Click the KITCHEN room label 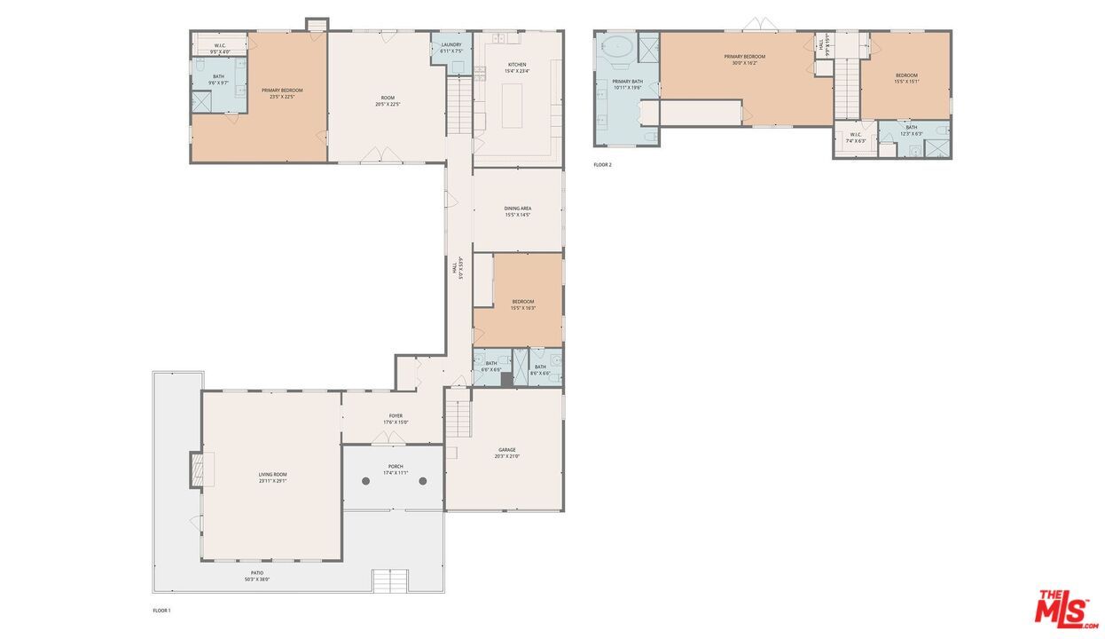click(x=517, y=67)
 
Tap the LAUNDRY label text click(x=451, y=48)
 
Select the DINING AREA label click(x=518, y=211)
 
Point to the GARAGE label click(x=506, y=453)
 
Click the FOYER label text click(x=395, y=418)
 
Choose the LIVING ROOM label click(x=272, y=477)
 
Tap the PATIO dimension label click(x=256, y=576)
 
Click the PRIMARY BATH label click(x=627, y=84)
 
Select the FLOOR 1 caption click(x=161, y=611)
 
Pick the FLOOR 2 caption click(x=602, y=164)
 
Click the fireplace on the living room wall click(x=196, y=469)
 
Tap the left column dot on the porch click(x=365, y=481)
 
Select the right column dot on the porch click(x=423, y=481)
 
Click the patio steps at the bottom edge click(x=390, y=581)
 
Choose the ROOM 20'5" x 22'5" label click(x=388, y=100)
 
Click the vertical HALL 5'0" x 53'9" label click(x=458, y=268)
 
